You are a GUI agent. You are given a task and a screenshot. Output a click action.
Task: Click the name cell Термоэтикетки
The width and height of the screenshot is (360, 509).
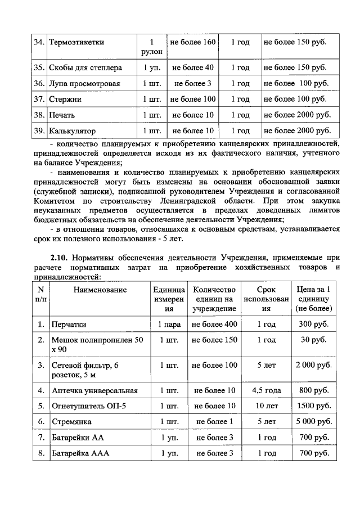[x=76, y=42]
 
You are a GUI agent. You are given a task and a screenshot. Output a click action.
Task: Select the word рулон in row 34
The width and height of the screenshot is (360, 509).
[x=152, y=52]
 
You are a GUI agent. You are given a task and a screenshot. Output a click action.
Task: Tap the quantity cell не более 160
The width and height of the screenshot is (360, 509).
[x=193, y=42]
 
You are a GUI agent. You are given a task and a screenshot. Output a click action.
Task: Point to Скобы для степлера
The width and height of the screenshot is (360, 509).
[x=85, y=67]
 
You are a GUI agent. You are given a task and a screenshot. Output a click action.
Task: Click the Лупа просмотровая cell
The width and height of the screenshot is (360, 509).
[x=85, y=83]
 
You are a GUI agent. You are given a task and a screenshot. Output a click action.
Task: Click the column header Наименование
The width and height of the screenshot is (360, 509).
[x=100, y=290]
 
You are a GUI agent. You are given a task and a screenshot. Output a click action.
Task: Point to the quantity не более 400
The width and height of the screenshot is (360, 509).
[x=214, y=325]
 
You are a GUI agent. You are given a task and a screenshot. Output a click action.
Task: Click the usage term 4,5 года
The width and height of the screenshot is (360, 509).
[x=266, y=390]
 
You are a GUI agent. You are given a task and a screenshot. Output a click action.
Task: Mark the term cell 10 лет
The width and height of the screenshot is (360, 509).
[x=266, y=406]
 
